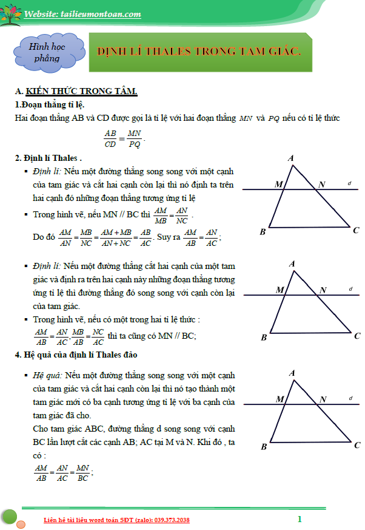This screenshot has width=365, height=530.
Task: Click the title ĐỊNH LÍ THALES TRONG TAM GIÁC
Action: point(199,52)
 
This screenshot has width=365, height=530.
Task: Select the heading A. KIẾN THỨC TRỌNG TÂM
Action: point(76,91)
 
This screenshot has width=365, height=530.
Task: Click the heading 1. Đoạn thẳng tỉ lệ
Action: point(49,104)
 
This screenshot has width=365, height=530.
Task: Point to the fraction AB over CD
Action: point(110,138)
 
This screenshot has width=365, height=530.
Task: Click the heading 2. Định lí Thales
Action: point(49,158)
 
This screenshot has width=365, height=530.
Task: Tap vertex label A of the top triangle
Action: point(291,158)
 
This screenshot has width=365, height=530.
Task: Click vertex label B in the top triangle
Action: point(263,231)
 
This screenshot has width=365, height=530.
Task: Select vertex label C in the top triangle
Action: point(357,230)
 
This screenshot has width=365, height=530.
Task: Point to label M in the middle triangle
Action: point(280,290)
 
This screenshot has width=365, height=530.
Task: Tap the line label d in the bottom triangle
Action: point(350,397)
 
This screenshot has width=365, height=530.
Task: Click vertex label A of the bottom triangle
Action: point(292,373)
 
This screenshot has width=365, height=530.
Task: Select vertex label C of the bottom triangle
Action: point(357,445)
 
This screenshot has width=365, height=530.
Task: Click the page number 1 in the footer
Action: point(300,519)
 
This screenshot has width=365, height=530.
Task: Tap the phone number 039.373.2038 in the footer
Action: point(167,520)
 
